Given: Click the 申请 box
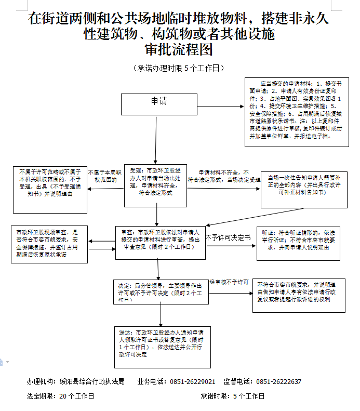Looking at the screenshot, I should (x=159, y=104).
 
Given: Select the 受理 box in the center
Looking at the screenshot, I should (x=156, y=181).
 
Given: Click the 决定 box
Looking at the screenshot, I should (x=161, y=292).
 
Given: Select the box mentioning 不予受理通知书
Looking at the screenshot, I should (x=49, y=190).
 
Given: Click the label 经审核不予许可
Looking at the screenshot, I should (x=229, y=282).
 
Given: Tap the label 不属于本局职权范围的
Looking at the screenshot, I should (x=105, y=176).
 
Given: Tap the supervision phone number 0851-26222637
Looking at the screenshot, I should (x=278, y=382).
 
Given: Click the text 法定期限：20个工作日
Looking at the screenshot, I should (x=61, y=396).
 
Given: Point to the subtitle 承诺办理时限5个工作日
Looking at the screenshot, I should (x=179, y=68).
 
